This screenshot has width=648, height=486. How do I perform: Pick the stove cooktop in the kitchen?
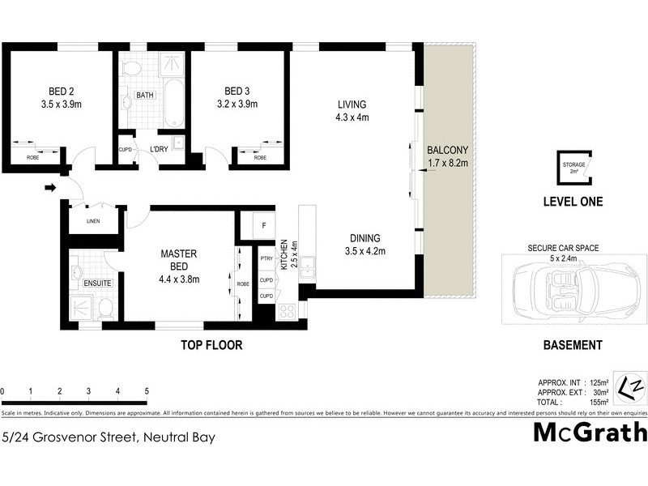(x=287, y=310)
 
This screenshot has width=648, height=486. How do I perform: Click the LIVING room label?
(x=352, y=104)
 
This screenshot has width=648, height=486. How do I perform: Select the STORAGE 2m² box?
(x=573, y=167)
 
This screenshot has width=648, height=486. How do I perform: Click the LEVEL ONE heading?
(x=572, y=202)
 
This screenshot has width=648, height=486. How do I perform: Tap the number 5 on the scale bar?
(x=147, y=392)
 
